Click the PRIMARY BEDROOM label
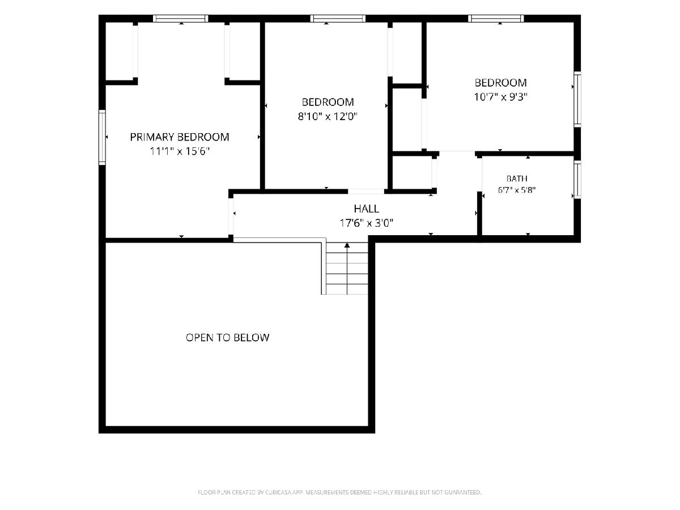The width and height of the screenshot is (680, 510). (180, 137)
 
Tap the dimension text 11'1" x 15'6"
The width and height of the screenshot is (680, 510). (180, 151)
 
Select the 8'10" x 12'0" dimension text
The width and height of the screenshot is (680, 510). (328, 116)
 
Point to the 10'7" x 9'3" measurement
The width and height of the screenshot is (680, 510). (500, 97)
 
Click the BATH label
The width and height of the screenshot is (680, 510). (517, 178)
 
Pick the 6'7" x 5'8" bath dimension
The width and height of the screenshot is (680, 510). (517, 190)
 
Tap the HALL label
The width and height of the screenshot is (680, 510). (366, 209)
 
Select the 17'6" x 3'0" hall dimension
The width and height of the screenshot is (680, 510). (366, 223)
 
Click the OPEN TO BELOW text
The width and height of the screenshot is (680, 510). (227, 338)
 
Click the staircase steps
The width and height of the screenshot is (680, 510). (347, 269)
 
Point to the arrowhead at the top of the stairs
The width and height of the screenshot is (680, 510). (347, 245)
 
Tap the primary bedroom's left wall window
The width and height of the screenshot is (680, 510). (102, 137)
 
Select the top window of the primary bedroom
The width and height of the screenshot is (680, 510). (181, 19)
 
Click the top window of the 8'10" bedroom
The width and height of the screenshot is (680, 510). (338, 19)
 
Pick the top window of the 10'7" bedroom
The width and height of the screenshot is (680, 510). (496, 19)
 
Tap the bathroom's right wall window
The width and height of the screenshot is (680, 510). (577, 179)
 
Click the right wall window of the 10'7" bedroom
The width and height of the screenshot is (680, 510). (577, 99)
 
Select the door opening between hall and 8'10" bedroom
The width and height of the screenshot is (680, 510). (366, 192)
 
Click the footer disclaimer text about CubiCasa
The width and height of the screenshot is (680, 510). (339, 492)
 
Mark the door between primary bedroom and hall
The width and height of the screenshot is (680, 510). (231, 216)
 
